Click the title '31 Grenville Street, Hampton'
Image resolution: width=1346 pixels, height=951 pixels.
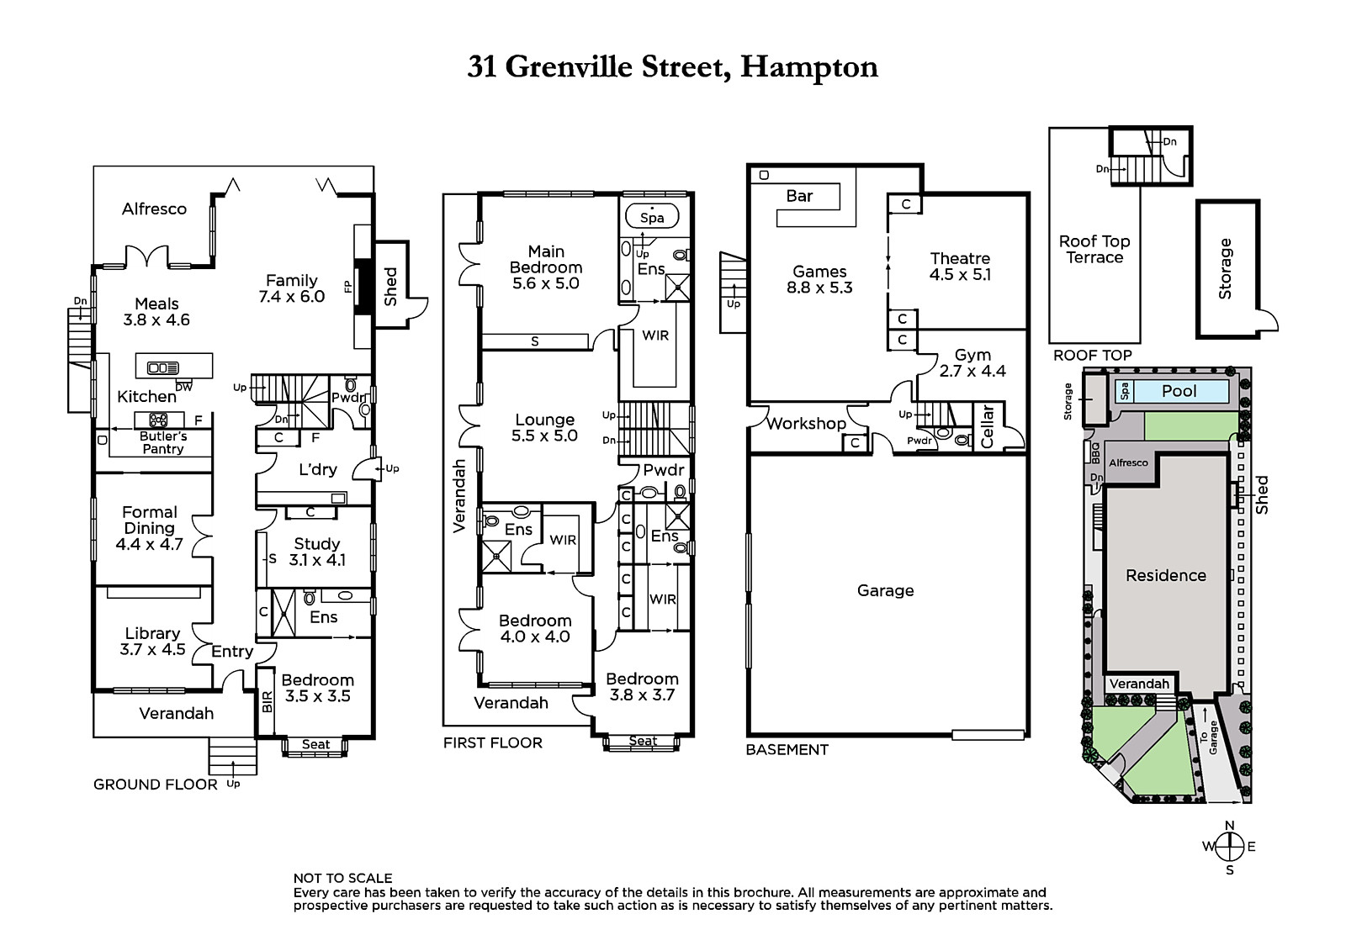click(x=672, y=66)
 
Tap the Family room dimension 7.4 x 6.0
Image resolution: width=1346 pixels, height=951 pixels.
click(x=291, y=296)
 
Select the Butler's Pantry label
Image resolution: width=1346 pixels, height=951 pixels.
click(x=163, y=442)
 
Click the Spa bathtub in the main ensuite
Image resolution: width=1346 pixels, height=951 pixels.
click(x=652, y=216)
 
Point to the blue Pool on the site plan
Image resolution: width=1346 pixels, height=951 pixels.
click(x=1173, y=391)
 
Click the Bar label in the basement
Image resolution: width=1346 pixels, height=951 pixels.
click(x=799, y=196)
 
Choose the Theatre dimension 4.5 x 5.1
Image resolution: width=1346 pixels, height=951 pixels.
click(x=960, y=275)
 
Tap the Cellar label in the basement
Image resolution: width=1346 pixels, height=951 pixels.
click(x=988, y=426)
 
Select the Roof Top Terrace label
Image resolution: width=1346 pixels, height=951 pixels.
click(x=1094, y=250)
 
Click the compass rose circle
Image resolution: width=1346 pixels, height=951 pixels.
click(x=1229, y=847)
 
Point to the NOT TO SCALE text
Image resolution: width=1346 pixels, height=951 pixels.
click(x=342, y=878)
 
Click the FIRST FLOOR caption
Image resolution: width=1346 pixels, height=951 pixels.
click(x=493, y=743)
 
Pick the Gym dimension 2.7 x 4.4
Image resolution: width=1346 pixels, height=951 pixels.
click(x=972, y=372)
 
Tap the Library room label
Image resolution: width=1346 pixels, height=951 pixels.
click(x=152, y=633)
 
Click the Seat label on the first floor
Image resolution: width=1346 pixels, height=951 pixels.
click(x=643, y=741)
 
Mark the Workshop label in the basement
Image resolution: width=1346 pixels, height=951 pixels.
click(x=806, y=424)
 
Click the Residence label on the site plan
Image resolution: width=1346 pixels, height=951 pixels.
click(x=1166, y=575)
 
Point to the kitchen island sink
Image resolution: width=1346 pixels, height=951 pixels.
click(x=163, y=367)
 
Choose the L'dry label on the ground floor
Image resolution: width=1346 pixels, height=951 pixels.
click(x=318, y=469)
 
